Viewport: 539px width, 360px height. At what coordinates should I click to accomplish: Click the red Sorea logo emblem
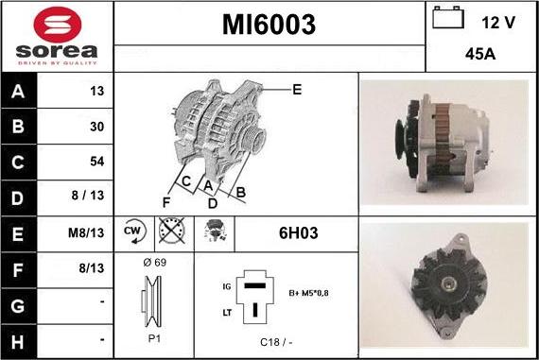pyautogui.click(x=58, y=25)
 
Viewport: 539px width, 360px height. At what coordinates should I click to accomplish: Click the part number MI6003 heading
pyautogui.click(x=269, y=25)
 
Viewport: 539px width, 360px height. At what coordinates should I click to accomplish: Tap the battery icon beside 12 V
pyautogui.click(x=448, y=17)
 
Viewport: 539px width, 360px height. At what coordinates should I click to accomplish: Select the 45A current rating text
pyautogui.click(x=480, y=54)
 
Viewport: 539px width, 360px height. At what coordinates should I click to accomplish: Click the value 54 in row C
pyautogui.click(x=97, y=162)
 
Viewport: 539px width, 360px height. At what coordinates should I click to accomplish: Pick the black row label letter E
pyautogui.click(x=18, y=233)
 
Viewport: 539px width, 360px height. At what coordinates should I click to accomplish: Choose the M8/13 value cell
pyautogui.click(x=86, y=232)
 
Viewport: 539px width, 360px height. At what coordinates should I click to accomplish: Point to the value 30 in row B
pyautogui.click(x=97, y=127)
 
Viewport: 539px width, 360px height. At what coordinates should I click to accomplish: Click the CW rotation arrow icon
pyautogui.click(x=134, y=231)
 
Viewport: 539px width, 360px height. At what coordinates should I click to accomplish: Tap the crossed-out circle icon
pyautogui.click(x=172, y=230)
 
